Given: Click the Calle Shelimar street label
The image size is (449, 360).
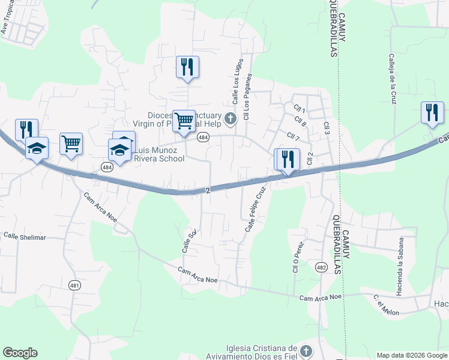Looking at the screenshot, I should (25, 237).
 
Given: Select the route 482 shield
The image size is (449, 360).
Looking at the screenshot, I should (321, 268).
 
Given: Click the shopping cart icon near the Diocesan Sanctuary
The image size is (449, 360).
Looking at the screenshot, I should (184, 120).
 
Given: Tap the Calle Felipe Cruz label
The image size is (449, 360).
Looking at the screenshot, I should (255, 210).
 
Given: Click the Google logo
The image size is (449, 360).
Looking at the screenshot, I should (20, 353).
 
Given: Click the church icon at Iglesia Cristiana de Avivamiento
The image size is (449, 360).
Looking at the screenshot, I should (306, 350).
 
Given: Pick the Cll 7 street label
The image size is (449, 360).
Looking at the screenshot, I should (293, 137).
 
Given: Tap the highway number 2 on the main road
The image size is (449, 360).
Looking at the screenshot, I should (208, 190).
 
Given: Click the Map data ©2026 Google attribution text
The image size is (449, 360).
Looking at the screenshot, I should (411, 355).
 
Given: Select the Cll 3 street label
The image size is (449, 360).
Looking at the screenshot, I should (327, 128).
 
